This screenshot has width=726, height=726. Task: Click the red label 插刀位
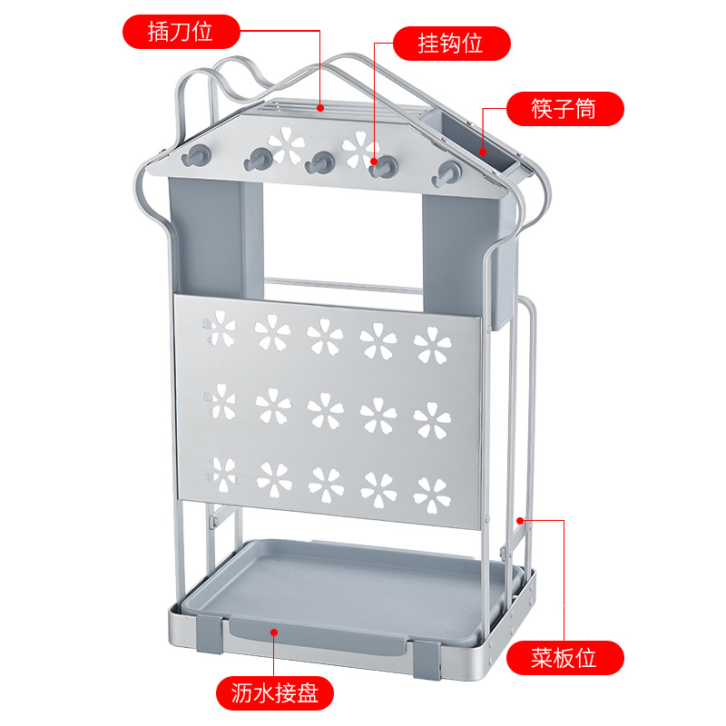point(181,32)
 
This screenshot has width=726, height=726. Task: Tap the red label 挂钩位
point(451,44)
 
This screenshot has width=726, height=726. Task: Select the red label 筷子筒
point(564,109)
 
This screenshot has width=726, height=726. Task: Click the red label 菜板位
point(564,657)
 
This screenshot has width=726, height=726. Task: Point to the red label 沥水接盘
point(275,693)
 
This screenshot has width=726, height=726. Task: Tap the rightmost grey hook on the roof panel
point(447,173)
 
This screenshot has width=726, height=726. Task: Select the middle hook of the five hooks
point(319,162)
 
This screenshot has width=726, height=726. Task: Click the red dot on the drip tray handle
point(274,633)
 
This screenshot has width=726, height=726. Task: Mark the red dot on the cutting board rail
point(520,521)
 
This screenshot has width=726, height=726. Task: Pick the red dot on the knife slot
point(320,108)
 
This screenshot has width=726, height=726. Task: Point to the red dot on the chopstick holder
point(483,152)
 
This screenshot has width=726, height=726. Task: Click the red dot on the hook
point(374,162)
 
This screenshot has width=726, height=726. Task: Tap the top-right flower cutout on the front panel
point(432,345)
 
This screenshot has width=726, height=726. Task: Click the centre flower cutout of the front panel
point(326,411)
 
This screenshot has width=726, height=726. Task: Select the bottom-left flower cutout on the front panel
point(221,474)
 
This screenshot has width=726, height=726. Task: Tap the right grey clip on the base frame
point(427,660)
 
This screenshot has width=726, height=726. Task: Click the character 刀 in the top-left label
point(180,32)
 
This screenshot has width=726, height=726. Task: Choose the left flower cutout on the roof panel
point(286,145)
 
